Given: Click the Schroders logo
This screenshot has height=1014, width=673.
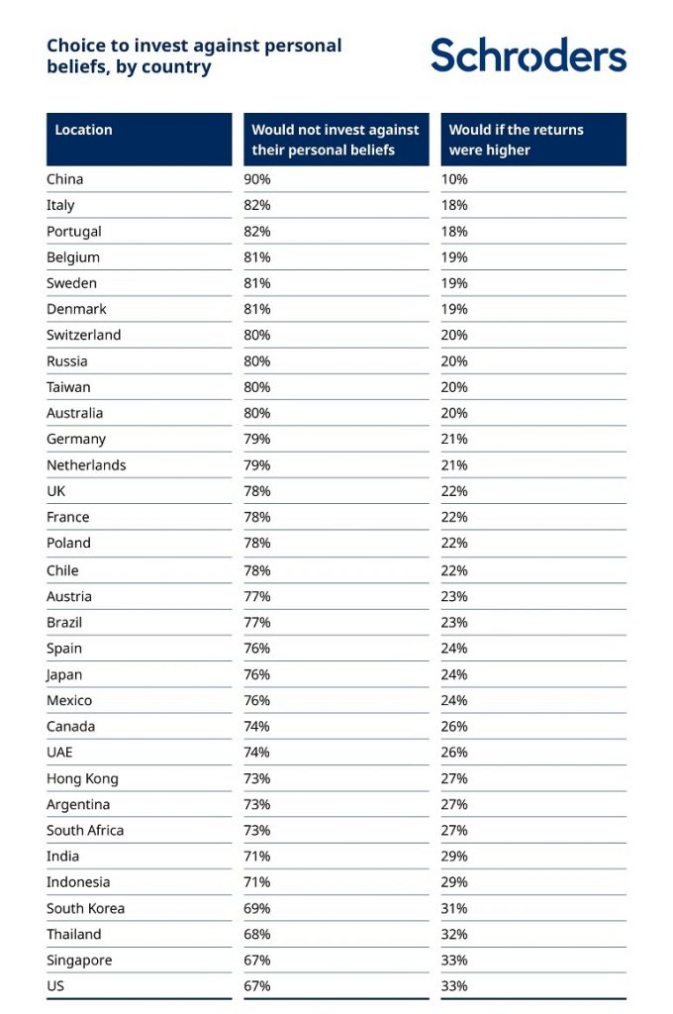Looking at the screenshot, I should tap(529, 55).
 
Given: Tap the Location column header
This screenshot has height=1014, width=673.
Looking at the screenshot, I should tap(84, 130).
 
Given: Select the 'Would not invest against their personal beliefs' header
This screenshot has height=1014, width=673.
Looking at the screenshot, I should tap(336, 140).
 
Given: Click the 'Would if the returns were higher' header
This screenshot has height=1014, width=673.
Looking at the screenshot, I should tap(517, 140).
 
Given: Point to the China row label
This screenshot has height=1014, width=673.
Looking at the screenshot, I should tap(65, 179).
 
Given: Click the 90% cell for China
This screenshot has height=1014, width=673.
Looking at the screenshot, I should tap(257, 179).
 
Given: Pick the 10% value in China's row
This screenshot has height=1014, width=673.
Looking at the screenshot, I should tap(454, 179).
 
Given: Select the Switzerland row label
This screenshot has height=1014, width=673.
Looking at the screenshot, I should tap(84, 335).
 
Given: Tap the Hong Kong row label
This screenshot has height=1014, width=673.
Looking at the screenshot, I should tap(82, 778).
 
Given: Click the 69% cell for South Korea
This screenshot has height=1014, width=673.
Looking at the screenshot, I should tap(257, 908).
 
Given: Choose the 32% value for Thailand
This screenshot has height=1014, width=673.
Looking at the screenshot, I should tap(454, 934).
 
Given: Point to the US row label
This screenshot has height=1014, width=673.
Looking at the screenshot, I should tap(55, 986).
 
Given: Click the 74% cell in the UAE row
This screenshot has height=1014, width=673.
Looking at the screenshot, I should tap(257, 752).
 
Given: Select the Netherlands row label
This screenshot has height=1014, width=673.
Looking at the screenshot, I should tap(86, 464).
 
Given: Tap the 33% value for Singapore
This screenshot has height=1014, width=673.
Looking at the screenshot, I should tap(454, 960).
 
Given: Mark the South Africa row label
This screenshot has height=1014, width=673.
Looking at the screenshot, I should tap(85, 830).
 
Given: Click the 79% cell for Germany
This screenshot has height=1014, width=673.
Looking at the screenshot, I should tap(257, 439).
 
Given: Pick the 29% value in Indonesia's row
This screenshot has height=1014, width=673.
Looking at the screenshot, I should tap(454, 881).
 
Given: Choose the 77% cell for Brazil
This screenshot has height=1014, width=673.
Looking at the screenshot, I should tap(257, 622).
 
